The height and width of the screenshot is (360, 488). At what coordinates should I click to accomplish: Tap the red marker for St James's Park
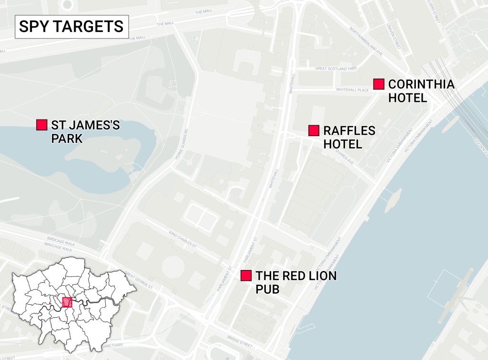coord(41,125)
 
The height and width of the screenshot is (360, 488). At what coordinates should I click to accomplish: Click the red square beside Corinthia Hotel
coord(379,84)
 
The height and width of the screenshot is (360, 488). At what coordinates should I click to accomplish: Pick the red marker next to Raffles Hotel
coord(314,130)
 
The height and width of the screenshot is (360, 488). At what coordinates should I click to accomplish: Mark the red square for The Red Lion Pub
coord(246,276)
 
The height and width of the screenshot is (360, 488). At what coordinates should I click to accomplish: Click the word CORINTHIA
coord(421,85)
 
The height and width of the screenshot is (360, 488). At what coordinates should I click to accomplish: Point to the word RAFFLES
coord(349,131)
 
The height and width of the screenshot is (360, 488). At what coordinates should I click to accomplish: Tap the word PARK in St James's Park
coord(67,139)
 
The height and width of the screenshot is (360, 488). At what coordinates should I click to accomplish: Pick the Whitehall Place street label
coord(339,90)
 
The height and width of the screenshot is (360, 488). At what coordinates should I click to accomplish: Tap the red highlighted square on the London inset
coord(67,302)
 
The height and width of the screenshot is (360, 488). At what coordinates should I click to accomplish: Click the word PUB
coord(267,289)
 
